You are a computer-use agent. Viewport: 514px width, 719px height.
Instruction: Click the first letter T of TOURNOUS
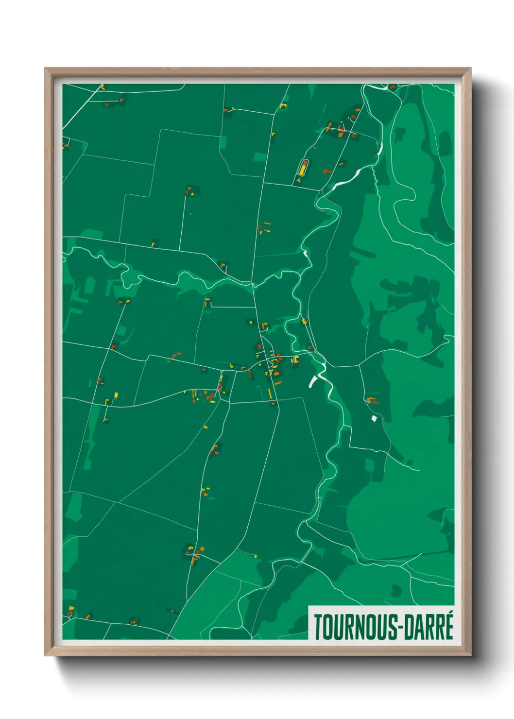318,627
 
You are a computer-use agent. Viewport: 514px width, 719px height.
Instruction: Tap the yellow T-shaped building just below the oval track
299,180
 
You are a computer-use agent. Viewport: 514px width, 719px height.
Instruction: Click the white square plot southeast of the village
374,418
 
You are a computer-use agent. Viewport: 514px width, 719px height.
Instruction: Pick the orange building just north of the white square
372,400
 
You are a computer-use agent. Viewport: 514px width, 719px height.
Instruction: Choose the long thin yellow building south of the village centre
270,393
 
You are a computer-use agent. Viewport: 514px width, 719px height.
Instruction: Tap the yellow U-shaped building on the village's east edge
295,359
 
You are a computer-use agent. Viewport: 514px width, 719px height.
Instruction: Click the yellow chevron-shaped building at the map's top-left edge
103,87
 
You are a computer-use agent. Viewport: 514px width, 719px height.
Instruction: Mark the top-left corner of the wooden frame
45,68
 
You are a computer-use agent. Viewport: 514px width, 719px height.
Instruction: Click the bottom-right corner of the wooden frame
470,655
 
